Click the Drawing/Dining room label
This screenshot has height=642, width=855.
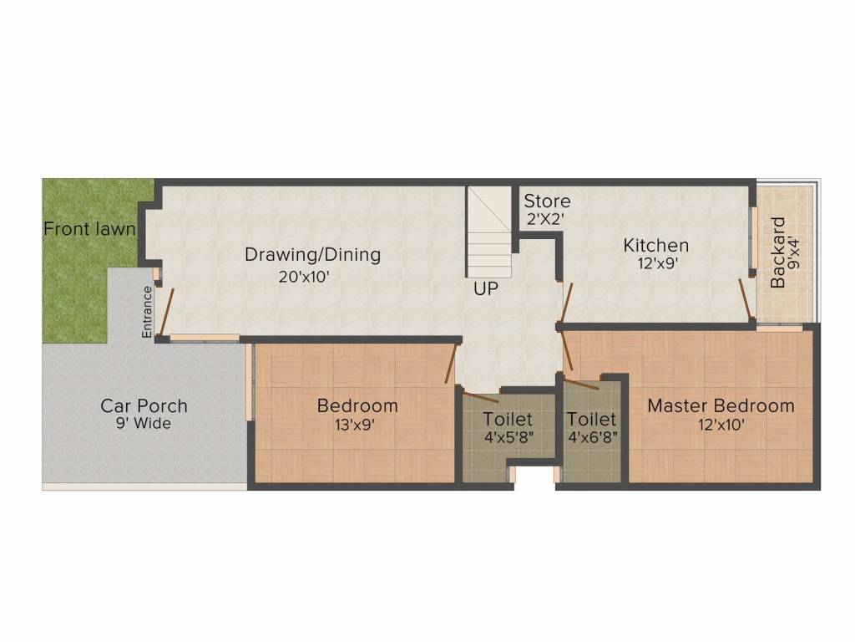tap(312, 255)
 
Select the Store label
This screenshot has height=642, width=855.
tap(547, 201)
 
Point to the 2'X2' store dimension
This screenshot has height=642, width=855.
tap(546, 220)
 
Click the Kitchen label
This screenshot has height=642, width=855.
tap(656, 246)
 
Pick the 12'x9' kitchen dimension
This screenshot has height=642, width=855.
tap(656, 262)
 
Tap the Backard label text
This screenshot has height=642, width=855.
tap(778, 252)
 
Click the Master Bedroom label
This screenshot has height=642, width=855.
tap(721, 406)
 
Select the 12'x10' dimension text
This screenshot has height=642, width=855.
tap(721, 425)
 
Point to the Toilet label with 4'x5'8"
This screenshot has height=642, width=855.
tap(508, 419)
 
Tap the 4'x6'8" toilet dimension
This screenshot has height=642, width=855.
tap(591, 436)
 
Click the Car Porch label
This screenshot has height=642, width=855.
tap(144, 406)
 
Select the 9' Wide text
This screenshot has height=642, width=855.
tap(144, 424)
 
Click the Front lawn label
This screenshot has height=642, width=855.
tap(89, 228)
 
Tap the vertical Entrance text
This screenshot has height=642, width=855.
tap(147, 311)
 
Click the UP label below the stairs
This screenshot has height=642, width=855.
tap(487, 289)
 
